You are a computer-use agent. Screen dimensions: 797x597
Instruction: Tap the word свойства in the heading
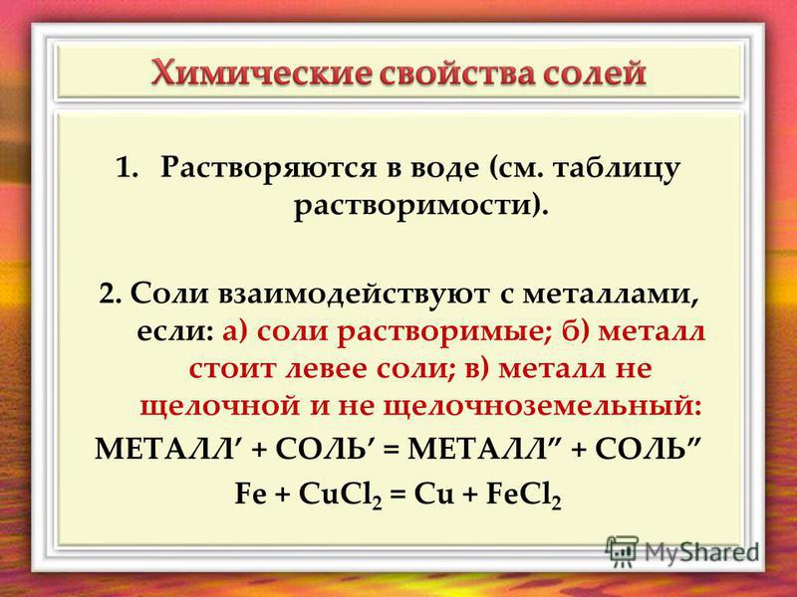pos(456,74)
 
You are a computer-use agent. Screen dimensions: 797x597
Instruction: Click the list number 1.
pos(127,167)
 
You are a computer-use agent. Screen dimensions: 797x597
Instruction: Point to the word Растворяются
pos(268,169)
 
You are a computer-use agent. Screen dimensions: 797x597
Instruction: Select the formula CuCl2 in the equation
pos(341,495)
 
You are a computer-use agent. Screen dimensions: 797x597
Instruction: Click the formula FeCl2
pos(524,495)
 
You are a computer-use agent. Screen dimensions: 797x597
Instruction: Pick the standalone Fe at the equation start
pos(250,494)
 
